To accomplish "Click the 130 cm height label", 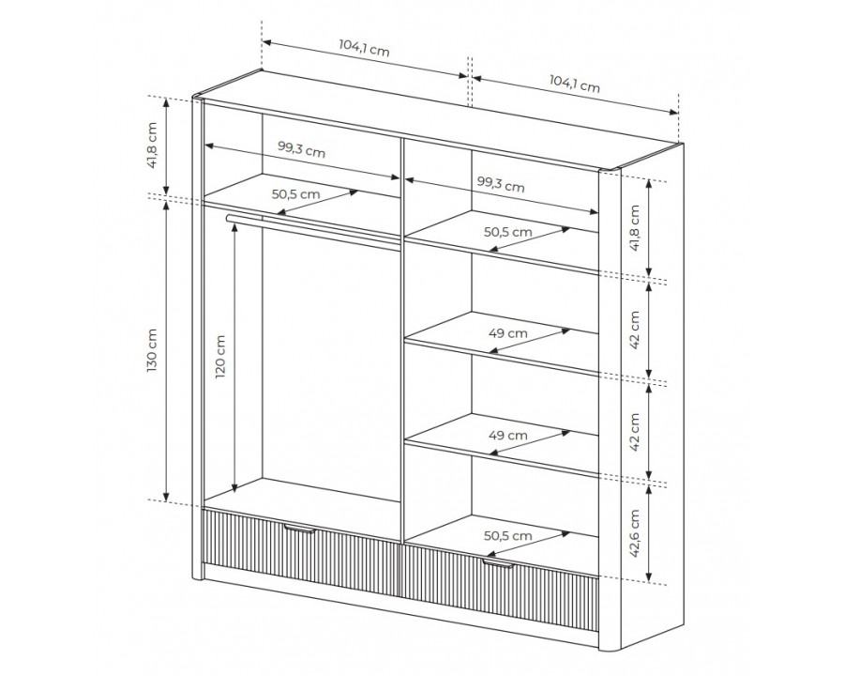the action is click(152, 350).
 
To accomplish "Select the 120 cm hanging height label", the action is click(220, 357).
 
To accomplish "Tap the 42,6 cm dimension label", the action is click(635, 533).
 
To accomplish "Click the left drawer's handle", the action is click(299, 529).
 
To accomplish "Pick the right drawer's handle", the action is click(497, 563).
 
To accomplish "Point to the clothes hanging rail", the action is click(313, 229).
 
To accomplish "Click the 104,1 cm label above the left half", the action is click(364, 49).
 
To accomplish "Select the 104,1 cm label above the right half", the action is click(574, 84).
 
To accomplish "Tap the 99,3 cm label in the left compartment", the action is click(301, 149).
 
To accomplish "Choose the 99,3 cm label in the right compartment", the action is click(501, 184).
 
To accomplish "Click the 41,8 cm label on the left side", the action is click(152, 145).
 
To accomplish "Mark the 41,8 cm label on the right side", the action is click(635, 228).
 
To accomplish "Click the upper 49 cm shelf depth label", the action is click(508, 333).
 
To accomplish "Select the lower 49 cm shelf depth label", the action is click(508, 435).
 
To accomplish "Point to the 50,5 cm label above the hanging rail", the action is click(295, 194).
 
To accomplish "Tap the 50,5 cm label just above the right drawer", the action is click(508, 536).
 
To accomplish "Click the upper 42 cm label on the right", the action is click(635, 330).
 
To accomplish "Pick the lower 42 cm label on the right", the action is click(635, 432).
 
